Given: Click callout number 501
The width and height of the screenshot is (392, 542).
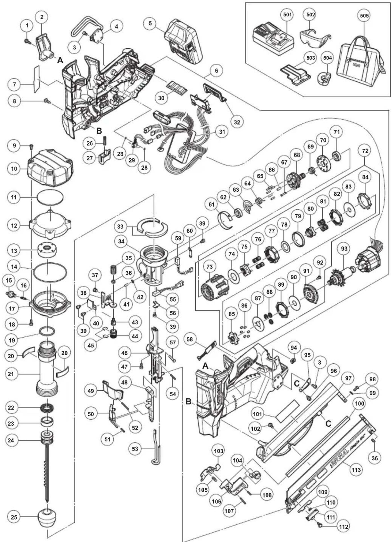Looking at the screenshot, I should pos(287,15).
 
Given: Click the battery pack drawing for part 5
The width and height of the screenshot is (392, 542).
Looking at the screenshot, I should pos(184,40).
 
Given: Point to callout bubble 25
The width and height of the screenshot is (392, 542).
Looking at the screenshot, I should pos(14,517).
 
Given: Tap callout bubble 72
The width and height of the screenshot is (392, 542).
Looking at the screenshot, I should pos(365,151).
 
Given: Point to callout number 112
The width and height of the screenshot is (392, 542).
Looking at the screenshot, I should pos(343,527).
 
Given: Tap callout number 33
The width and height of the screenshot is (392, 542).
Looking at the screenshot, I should pos(121,227).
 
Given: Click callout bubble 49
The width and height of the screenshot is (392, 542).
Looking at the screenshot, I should pos(91,391).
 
